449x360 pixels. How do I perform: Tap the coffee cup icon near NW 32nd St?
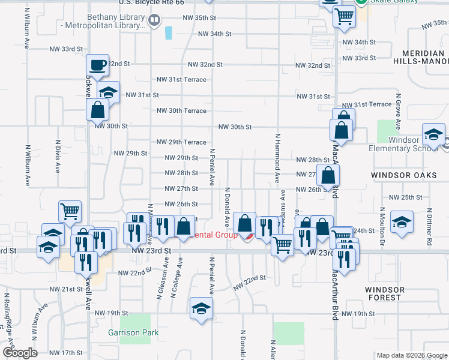coord(97,65)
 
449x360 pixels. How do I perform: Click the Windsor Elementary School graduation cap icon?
coord(433,134)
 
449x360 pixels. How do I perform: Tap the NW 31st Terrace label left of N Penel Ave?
coord(181,79)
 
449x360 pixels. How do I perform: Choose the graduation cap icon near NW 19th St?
coord(201,308)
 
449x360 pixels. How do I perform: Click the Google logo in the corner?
coord(19,353)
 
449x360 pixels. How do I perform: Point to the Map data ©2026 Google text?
coord(411,355)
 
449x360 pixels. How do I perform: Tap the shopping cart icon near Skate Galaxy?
coord(344,17)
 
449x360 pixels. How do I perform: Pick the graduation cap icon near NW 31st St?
coord(108,92)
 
